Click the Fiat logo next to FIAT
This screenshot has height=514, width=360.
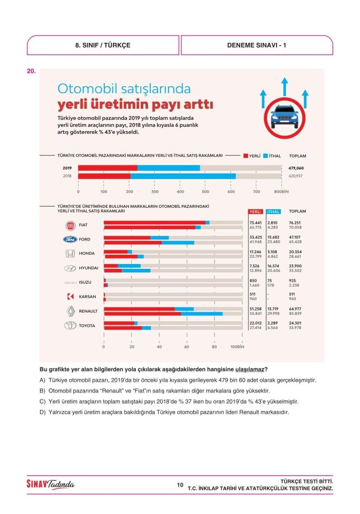[70, 225]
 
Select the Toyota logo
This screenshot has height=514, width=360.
[70, 325]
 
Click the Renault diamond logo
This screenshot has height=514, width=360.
[70, 311]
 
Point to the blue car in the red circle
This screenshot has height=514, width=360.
[285, 115]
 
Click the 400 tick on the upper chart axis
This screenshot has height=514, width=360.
[180, 191]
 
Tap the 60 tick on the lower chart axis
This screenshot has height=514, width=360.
[187, 346]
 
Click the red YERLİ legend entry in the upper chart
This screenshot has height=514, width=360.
[251, 156]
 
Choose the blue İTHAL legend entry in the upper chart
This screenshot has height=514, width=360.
[272, 156]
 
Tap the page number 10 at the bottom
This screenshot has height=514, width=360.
[180, 485]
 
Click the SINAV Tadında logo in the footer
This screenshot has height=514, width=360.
[51, 485]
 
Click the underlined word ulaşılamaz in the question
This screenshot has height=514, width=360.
[250, 369]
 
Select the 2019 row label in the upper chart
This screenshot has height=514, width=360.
[67, 168]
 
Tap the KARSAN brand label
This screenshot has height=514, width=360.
[87, 296]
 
